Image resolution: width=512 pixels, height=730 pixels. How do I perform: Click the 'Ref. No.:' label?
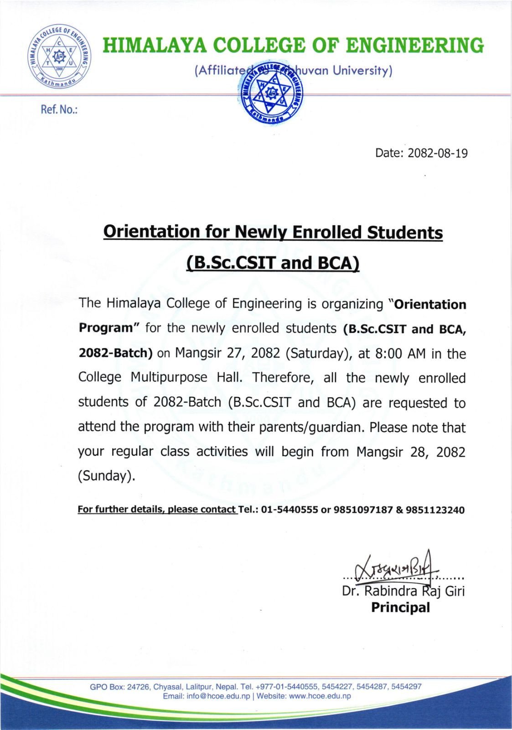coord(59,110)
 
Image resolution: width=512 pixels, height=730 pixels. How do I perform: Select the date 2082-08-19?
coord(437,153)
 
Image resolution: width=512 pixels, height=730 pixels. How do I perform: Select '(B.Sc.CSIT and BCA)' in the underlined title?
coord(273,263)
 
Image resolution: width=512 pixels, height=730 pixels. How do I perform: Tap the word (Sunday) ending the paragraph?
coord(107,476)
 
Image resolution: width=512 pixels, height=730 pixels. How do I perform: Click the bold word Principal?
coord(400,608)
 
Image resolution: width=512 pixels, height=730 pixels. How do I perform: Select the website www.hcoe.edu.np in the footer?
coord(320,696)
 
